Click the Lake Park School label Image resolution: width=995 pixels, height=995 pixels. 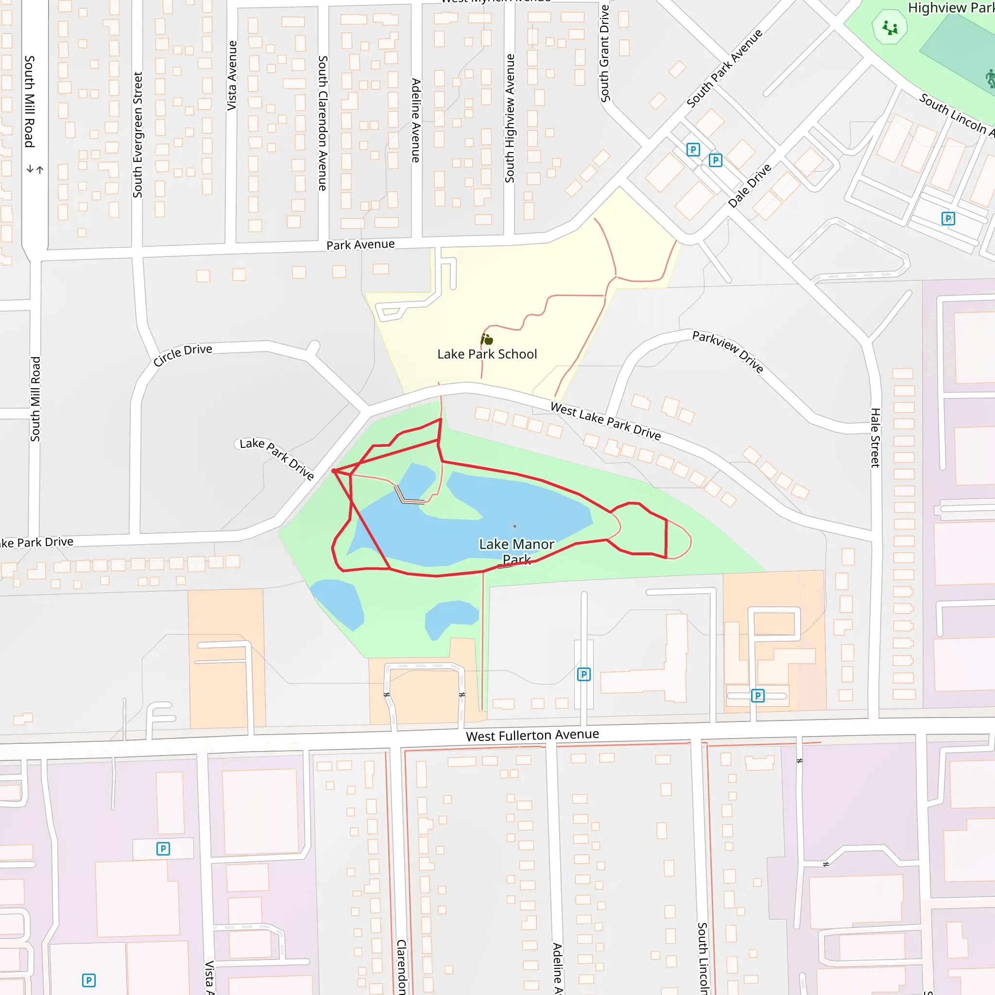(x=487, y=354)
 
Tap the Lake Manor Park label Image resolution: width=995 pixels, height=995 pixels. (x=516, y=550)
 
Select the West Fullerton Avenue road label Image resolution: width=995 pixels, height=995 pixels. (x=532, y=735)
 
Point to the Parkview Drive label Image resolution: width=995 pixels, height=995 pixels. (x=728, y=351)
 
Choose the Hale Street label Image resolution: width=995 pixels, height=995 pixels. (x=875, y=438)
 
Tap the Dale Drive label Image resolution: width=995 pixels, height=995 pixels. (x=749, y=186)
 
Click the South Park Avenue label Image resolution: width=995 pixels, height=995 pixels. (x=724, y=69)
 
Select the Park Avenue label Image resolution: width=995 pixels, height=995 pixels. (x=360, y=245)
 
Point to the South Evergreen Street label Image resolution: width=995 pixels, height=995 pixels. (x=137, y=135)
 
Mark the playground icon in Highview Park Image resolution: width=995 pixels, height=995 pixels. (x=890, y=28)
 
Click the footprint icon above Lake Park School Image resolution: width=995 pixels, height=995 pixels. (x=487, y=340)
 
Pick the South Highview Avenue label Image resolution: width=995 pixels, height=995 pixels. (x=510, y=119)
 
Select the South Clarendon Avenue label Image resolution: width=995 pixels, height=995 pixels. (x=323, y=123)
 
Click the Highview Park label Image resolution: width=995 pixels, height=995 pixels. (x=951, y=8)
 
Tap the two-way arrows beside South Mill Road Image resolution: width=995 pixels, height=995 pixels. (x=35, y=169)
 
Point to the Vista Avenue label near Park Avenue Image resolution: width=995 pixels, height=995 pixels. (x=232, y=76)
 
